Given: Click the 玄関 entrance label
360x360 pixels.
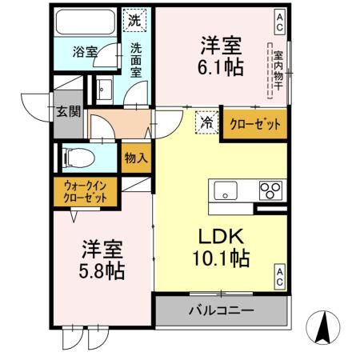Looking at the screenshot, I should click(68, 111).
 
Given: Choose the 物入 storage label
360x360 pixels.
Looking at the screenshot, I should click(137, 158).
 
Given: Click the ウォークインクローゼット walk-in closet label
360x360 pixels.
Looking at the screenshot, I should click(86, 191).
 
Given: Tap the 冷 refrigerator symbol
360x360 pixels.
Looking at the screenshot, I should click(206, 122).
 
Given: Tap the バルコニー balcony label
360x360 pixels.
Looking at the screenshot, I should click(221, 310).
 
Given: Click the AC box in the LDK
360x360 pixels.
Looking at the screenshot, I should click(280, 276).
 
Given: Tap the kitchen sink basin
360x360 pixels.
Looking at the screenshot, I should click(225, 191).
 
